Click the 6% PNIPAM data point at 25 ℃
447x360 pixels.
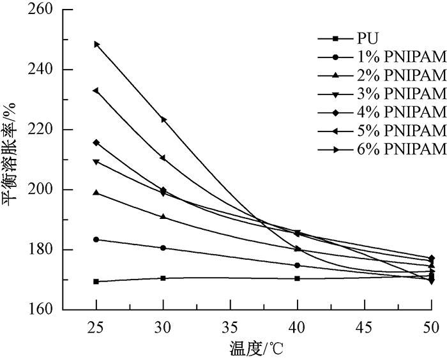coord(96,44)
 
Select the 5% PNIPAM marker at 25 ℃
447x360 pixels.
coord(96,91)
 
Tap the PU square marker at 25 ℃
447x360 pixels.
coord(96,281)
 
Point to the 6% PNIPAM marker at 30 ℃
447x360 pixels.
coord(163,119)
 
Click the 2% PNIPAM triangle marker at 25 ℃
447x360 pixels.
coord(96,192)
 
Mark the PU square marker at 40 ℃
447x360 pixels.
coord(297,278)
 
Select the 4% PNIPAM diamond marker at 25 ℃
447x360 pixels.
coord(96,142)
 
